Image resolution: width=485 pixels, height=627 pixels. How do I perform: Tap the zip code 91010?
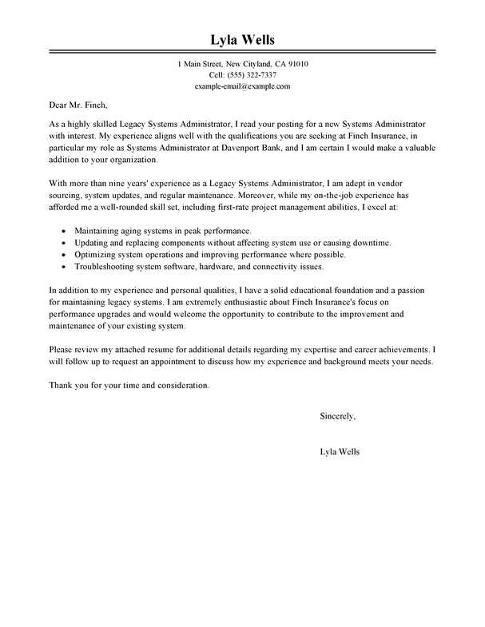(x=295, y=64)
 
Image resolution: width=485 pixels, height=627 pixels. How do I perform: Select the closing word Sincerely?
(x=337, y=417)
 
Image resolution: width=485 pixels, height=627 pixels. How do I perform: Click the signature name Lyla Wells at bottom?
(x=339, y=451)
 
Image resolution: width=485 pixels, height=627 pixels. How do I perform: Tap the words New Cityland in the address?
(x=238, y=64)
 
